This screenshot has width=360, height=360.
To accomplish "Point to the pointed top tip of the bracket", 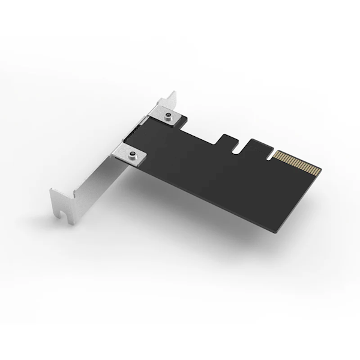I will tap(173, 94).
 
